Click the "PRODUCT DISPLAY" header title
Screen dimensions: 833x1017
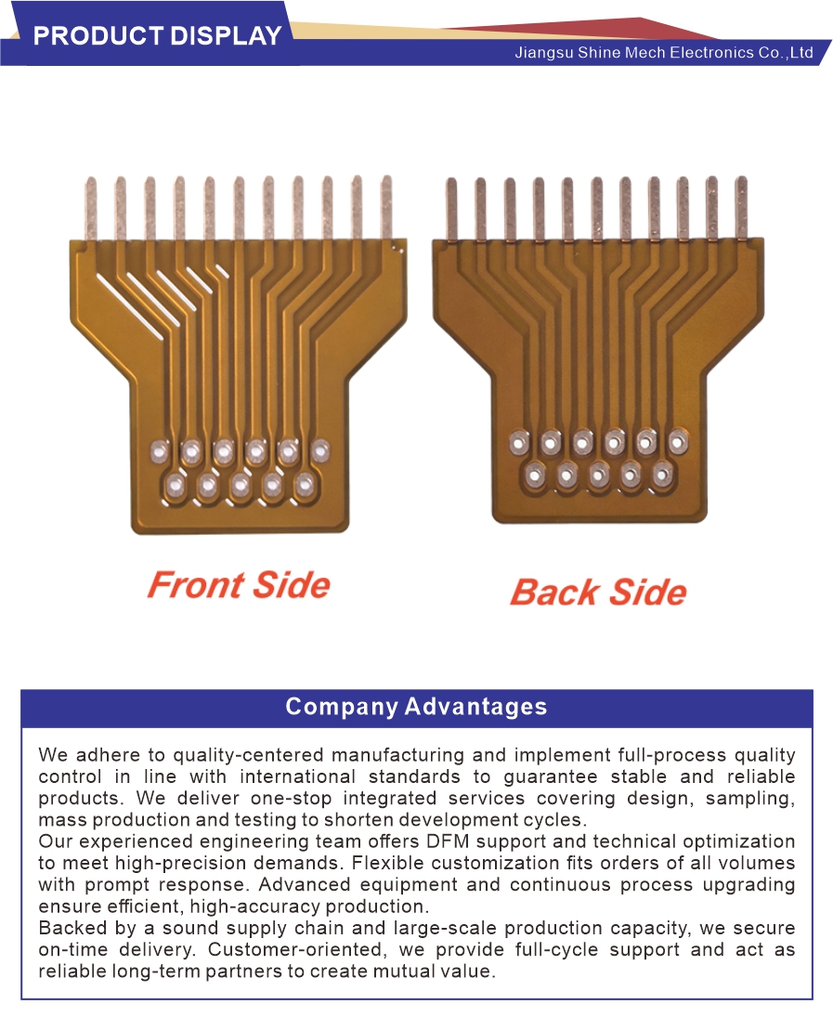click(157, 35)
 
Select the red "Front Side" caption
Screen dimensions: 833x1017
click(239, 585)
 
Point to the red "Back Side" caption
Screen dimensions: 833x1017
click(598, 593)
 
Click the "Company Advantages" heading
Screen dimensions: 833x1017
click(416, 706)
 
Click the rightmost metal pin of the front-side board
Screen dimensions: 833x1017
click(386, 207)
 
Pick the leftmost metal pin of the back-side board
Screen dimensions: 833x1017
click(451, 210)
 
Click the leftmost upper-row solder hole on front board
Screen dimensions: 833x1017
click(160, 450)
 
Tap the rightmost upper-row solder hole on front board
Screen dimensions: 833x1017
click(320, 450)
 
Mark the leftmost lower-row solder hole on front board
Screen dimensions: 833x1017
click(176, 484)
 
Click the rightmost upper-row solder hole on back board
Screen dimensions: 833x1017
click(677, 442)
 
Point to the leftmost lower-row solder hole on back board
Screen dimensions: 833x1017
click(535, 475)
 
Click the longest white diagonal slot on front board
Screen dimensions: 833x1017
click(130, 306)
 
